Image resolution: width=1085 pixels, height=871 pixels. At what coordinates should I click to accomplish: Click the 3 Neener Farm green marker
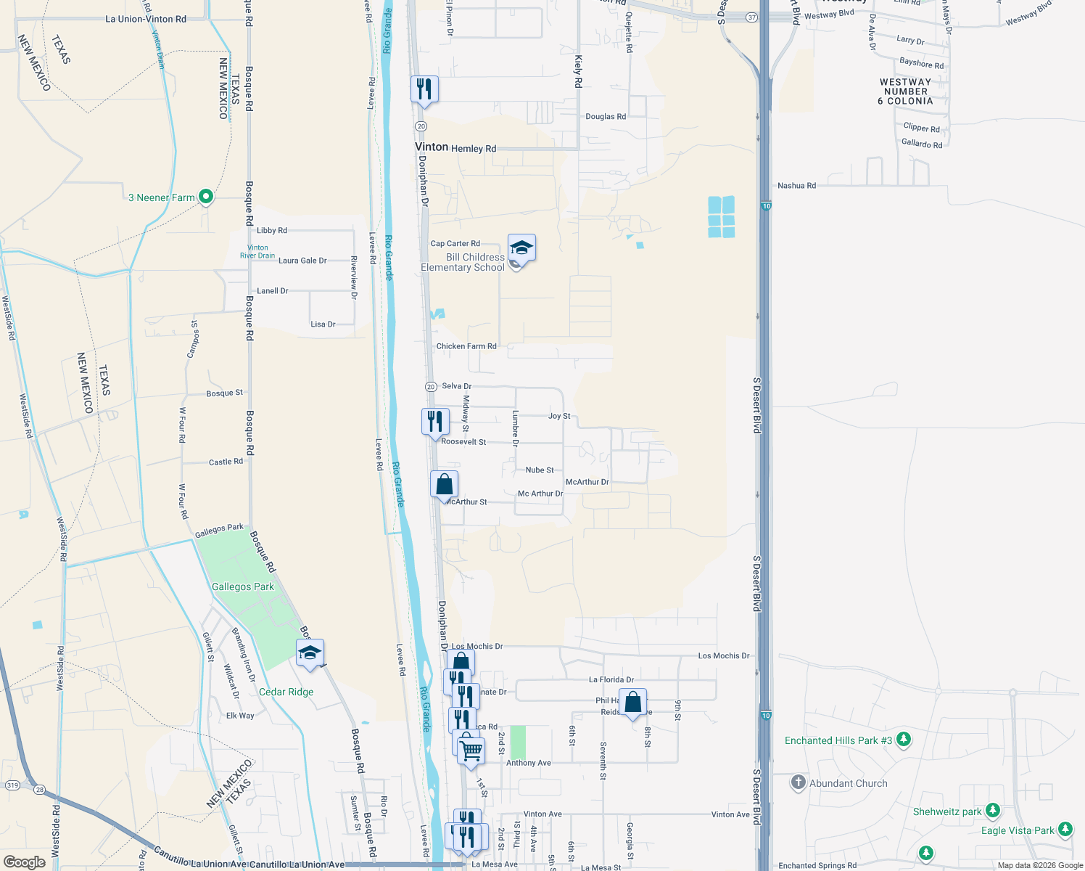tap(206, 196)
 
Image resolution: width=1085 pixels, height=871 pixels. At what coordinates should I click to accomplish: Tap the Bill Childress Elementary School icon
tap(521, 249)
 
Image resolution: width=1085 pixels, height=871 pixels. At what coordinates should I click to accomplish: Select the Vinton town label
tap(432, 147)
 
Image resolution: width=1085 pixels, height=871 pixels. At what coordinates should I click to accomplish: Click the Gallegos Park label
tap(242, 586)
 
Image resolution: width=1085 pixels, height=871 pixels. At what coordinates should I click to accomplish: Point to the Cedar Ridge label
tap(286, 692)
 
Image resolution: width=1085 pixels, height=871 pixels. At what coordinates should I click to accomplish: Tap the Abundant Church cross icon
tap(799, 782)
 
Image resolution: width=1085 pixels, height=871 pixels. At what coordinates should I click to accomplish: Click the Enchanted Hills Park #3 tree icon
tap(903, 740)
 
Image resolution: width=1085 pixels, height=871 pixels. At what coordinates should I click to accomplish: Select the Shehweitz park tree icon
tap(993, 811)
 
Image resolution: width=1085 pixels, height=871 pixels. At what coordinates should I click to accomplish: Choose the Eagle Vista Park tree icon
tap(1065, 830)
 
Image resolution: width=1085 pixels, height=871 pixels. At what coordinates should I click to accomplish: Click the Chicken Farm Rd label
tap(466, 346)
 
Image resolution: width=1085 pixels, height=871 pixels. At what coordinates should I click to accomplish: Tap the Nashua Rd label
tap(796, 186)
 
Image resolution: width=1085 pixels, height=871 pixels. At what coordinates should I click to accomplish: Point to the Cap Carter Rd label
tap(455, 244)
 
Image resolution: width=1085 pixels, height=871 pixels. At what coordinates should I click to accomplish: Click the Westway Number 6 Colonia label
tap(905, 91)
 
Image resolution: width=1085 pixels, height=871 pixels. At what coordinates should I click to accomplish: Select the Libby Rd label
tap(272, 231)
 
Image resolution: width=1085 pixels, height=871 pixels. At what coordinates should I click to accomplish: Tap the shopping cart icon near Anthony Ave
tap(471, 751)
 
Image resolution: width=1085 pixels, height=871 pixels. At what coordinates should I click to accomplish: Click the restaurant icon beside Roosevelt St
tap(435, 421)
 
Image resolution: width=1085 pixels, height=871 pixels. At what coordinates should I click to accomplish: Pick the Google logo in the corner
tap(25, 862)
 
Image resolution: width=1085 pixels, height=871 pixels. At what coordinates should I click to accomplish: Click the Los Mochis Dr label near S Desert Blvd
tap(723, 656)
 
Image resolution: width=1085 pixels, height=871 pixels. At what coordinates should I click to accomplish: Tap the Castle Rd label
tap(226, 462)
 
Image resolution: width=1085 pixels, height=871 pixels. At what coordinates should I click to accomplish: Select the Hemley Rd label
tap(474, 149)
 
